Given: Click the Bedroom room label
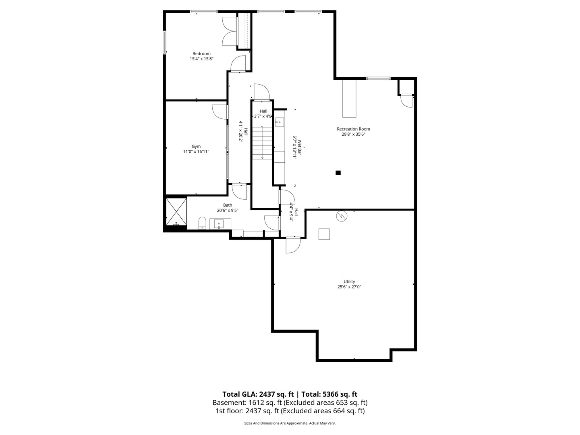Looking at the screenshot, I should coord(201,54).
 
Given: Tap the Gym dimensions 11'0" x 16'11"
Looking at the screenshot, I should coord(196,151).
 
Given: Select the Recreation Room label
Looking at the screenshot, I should coord(353,129).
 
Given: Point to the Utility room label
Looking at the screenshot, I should coord(349,282).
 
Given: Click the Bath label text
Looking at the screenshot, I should coord(228,205).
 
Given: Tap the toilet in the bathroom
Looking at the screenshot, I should coord(202,223).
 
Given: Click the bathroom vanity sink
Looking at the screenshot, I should coord(219,224).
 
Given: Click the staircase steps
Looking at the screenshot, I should coord(262,143).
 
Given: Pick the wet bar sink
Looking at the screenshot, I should coord(278,121).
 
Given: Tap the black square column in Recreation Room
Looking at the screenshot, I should coord(338,173).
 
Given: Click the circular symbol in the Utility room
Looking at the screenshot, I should coord(342,216).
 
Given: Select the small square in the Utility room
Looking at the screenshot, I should coord(324,234).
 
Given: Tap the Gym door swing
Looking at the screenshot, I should coord(218,112).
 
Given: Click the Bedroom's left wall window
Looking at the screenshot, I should coord(164,42).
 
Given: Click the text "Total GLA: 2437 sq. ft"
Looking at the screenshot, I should coord(258,394).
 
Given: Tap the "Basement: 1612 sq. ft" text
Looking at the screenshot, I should coord(247,402).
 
